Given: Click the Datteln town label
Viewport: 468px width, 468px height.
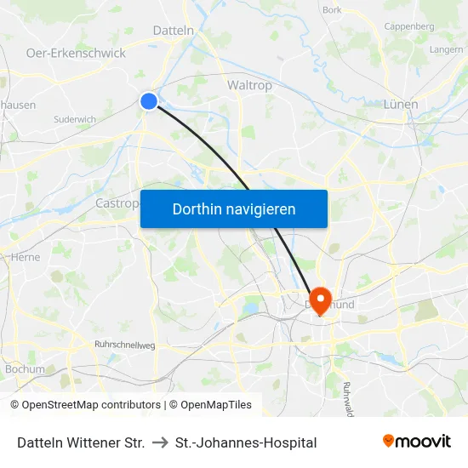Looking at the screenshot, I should (x=174, y=30).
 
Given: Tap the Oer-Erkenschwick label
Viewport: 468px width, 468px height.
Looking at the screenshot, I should (x=76, y=53).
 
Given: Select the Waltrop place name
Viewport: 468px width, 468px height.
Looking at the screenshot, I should (x=249, y=85).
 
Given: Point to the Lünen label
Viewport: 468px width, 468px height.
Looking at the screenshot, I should (x=400, y=104).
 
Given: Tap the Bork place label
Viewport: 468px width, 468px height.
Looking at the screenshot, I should (x=332, y=10).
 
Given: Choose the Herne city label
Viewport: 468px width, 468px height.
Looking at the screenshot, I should (x=26, y=257).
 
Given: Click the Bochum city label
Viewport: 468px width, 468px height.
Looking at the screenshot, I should (x=25, y=369).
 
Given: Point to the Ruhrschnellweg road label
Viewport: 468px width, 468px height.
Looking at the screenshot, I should (x=124, y=345).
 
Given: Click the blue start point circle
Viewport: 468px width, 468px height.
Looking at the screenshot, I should (x=149, y=101).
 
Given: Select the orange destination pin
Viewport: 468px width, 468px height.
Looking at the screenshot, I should (x=321, y=300).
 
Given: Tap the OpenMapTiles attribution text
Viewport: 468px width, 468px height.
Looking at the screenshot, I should (x=210, y=405).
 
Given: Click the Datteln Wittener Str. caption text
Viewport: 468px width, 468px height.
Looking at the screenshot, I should (x=81, y=442).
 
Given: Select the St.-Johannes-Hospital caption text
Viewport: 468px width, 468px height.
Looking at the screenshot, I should (x=246, y=442).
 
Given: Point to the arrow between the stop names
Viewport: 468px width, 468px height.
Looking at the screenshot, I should (x=160, y=442).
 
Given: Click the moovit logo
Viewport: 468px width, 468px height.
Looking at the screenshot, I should (x=417, y=441).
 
